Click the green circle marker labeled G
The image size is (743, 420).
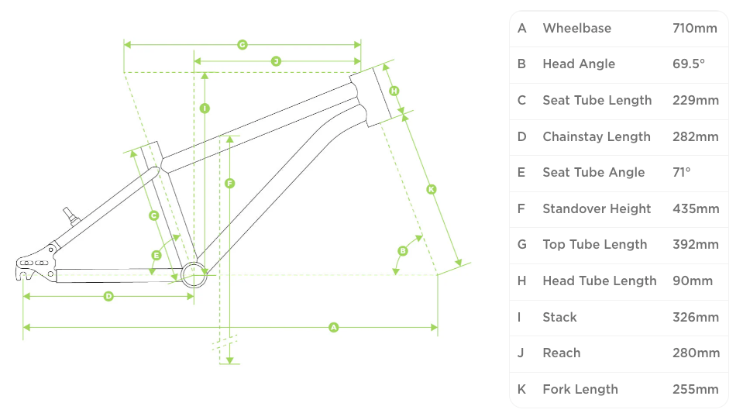pos(243,45)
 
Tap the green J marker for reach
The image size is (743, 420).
pos(276,61)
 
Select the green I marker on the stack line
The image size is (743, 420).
pos(205,108)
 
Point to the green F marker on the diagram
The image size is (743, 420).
pos(230,184)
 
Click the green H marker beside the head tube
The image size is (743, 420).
pos(394,91)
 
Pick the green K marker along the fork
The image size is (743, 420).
pos(432,189)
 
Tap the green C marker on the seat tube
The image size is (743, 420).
pos(154,215)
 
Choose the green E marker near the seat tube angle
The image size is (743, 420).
pos(157,255)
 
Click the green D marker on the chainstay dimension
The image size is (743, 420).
pos(108,296)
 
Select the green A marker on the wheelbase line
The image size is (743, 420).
pos(334,328)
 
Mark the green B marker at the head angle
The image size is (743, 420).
pos(403,250)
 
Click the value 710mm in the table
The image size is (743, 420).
pos(695,29)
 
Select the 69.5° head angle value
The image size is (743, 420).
pos(689,64)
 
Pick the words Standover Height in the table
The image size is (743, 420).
pos(597,209)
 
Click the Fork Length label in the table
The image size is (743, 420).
pos(580,390)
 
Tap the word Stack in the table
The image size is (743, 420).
pos(559,318)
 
